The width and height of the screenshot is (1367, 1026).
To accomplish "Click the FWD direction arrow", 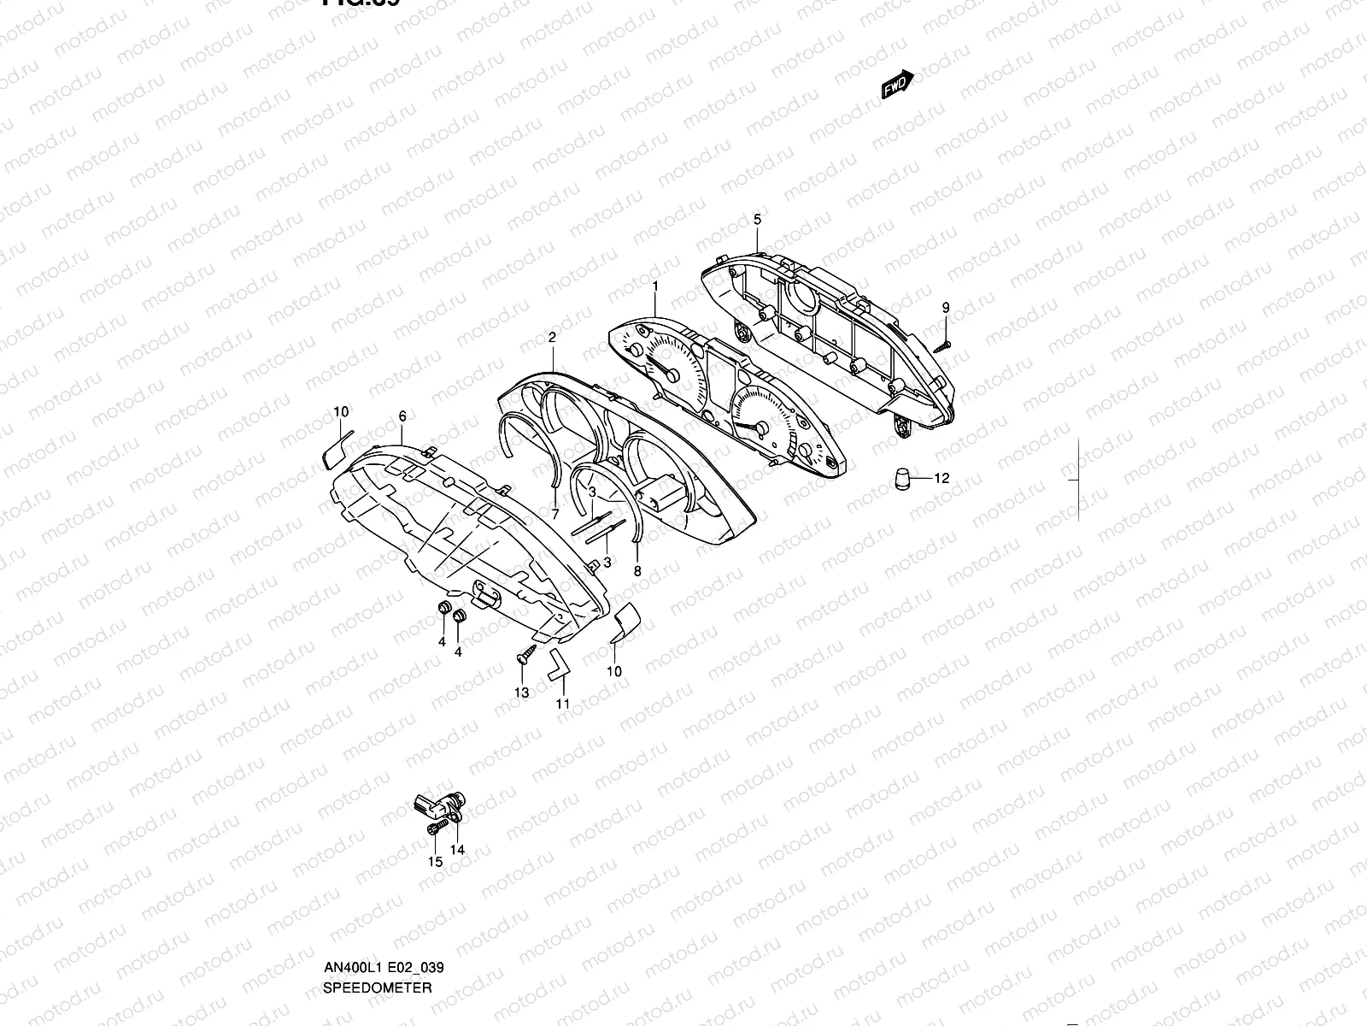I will click(897, 84).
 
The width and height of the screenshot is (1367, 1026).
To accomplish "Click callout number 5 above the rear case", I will click(757, 220).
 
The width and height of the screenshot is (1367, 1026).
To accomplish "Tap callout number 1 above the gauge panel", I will click(655, 285).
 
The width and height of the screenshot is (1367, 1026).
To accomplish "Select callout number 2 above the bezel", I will click(552, 338).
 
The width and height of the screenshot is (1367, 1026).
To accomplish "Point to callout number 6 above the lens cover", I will click(402, 416).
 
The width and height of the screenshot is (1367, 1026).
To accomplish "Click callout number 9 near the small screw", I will click(946, 307).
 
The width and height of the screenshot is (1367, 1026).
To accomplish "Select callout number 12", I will click(942, 479).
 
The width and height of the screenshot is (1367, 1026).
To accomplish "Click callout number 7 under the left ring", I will click(554, 515).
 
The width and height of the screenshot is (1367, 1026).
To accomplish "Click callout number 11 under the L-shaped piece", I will click(562, 704).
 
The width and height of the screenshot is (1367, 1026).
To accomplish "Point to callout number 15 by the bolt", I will click(436, 862).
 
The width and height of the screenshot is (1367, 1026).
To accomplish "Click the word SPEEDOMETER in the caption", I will click(377, 916).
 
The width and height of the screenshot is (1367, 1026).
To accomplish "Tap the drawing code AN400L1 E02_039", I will click(383, 896).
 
